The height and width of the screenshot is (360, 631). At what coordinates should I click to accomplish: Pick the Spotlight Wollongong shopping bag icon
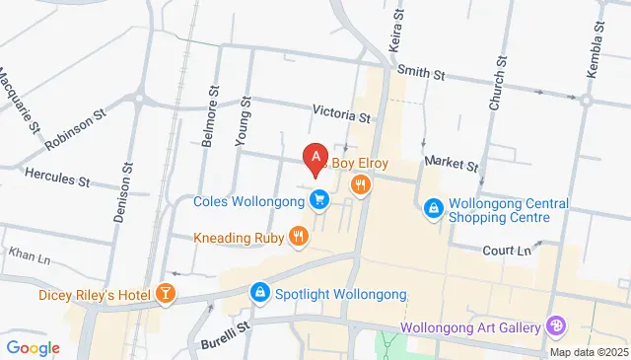tap(259, 293)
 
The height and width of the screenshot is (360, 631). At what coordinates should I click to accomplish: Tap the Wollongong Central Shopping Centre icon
tap(432, 209)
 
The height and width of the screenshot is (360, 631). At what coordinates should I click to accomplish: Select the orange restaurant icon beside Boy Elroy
tap(361, 183)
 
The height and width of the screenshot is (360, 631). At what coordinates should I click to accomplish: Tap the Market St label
tap(451, 163)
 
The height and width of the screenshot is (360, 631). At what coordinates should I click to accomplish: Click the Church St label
tap(499, 84)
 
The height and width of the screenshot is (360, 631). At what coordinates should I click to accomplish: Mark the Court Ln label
tap(507, 251)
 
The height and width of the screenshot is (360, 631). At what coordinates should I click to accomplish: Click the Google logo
tap(33, 347)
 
